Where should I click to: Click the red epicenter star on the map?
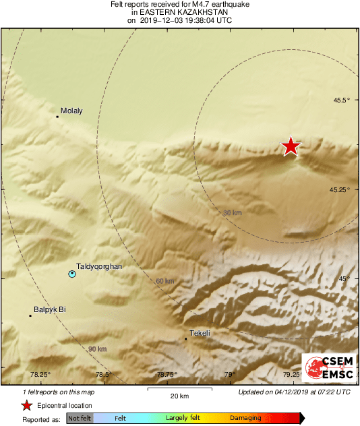point(291,146)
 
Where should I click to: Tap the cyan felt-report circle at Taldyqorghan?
point(72,274)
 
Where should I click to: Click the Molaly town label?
point(71,111)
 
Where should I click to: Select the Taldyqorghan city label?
point(99,267)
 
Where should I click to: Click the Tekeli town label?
point(201,333)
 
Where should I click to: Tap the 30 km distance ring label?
point(232,213)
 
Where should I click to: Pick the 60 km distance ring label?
point(164,281)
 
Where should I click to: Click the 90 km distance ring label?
point(97,349)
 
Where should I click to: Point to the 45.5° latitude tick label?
point(340,100)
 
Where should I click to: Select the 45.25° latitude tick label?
point(339,189)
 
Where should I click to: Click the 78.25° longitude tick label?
point(40,375)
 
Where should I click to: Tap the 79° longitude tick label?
point(230,375)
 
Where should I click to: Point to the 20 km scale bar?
point(179,389)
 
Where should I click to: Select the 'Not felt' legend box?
point(80,419)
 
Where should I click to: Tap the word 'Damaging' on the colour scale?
point(245,419)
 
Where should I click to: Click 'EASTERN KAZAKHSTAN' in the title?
point(179,12)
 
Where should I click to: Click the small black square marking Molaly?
point(57,117)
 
